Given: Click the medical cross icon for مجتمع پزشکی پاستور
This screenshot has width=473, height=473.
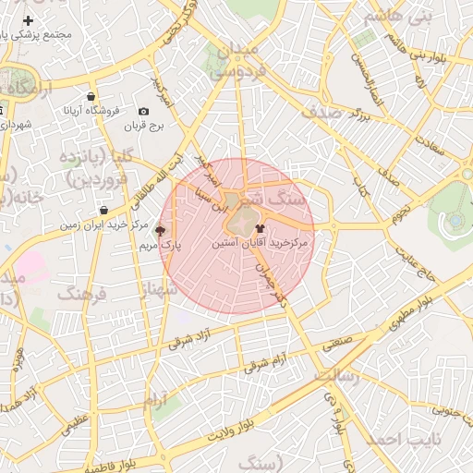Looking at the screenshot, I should coord(29,20).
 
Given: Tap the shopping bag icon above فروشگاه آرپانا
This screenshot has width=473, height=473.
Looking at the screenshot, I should coord(90,96).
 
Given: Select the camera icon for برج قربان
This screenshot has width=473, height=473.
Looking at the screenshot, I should coord(143,112).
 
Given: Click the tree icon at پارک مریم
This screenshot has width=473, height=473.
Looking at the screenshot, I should coord(160,231).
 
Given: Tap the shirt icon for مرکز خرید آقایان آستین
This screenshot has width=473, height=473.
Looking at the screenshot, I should coord(260,226).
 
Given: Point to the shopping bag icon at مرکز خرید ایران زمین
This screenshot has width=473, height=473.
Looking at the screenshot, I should coord(103,211).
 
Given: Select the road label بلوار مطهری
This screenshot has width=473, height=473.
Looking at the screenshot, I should coord(426,298).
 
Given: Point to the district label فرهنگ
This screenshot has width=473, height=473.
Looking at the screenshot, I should coord(82,294).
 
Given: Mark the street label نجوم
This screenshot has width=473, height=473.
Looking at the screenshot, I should coord(400,215).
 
